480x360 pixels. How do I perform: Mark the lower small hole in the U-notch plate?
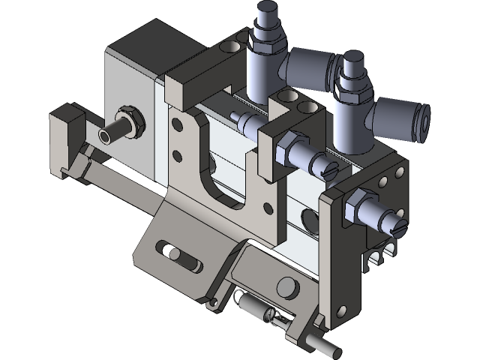177,156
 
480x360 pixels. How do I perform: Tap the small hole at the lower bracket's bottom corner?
214,302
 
